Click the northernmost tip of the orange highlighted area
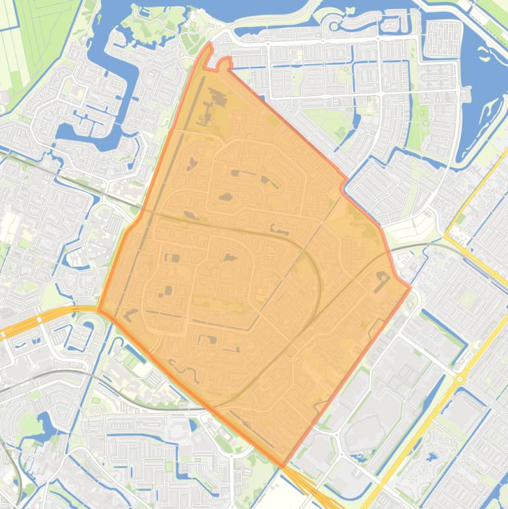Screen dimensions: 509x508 pyautogui.click(x=209, y=44)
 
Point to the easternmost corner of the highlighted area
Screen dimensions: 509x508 pyautogui.click(x=410, y=287)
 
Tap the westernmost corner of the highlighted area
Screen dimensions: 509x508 pyautogui.click(x=98, y=310)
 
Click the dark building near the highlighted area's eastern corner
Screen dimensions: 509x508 pyautogui.click(x=382, y=280)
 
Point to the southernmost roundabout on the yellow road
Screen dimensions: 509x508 pyautogui.click(x=460, y=377)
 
